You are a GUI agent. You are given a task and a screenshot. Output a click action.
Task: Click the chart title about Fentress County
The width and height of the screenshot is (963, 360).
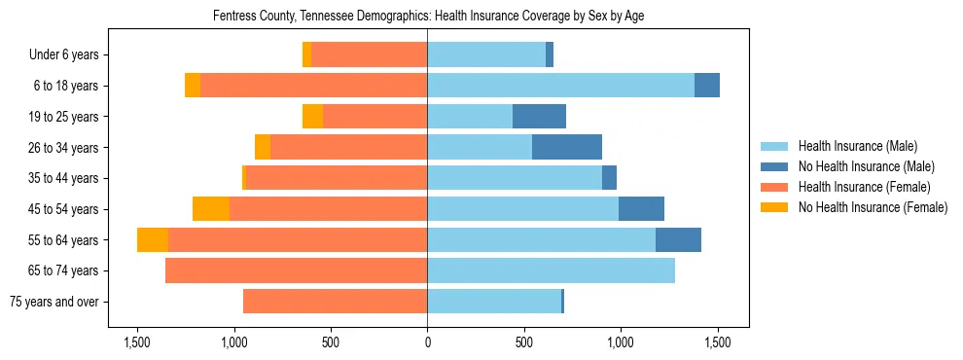[x=428, y=16]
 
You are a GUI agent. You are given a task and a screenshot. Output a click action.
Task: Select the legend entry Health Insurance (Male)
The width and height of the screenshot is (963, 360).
[x=857, y=146]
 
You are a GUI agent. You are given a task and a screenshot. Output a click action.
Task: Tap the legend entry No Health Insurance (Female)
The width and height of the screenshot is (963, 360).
[x=873, y=207]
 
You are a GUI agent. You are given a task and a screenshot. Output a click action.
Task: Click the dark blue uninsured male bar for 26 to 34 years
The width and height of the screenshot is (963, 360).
[x=567, y=147]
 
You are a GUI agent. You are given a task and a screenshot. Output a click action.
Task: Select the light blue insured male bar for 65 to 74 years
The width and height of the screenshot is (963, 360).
[x=551, y=270]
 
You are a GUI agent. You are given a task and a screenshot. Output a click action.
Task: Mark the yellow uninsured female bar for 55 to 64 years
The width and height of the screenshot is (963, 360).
[x=153, y=240]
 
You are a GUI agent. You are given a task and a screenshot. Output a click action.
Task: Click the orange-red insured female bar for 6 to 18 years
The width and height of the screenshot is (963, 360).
[x=313, y=86]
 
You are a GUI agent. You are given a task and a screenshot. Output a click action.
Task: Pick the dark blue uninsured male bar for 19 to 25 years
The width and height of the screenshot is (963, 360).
[x=539, y=117]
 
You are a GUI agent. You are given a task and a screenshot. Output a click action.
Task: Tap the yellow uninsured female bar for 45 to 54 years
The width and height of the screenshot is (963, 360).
[x=211, y=209]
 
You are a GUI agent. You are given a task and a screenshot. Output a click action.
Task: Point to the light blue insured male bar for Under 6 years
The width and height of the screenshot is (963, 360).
[x=486, y=55]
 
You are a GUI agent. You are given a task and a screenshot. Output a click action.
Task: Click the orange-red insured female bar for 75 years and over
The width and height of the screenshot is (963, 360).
[x=335, y=302]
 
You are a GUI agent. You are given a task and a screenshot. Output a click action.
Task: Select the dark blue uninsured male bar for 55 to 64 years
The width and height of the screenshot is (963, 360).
[x=678, y=240]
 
